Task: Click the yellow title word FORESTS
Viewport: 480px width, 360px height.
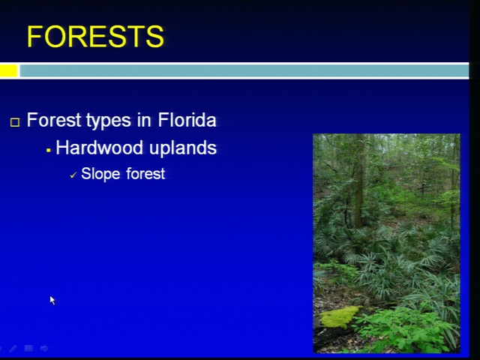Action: pyautogui.click(x=95, y=37)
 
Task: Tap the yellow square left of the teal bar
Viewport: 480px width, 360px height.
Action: pyautogui.click(x=8, y=71)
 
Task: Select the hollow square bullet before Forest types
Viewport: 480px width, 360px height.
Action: pyautogui.click(x=15, y=122)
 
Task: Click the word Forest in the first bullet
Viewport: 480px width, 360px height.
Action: pyautogui.click(x=54, y=120)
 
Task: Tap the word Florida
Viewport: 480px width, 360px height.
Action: pyautogui.click(x=187, y=120)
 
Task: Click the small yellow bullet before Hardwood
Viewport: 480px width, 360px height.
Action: pyautogui.click(x=48, y=150)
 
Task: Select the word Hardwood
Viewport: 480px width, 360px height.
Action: pyautogui.click(x=100, y=148)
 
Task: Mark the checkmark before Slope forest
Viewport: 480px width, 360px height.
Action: pyautogui.click(x=73, y=175)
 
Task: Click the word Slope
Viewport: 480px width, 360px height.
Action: pyautogui.click(x=100, y=174)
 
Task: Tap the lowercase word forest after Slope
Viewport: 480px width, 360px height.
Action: pyautogui.click(x=145, y=173)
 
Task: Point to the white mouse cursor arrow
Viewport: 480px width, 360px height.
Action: pyautogui.click(x=52, y=300)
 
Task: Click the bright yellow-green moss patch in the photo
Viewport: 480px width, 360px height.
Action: pyautogui.click(x=339, y=316)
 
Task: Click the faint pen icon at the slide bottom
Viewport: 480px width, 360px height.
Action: pyautogui.click(x=13, y=348)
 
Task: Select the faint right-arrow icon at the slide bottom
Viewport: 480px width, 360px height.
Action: pyautogui.click(x=44, y=348)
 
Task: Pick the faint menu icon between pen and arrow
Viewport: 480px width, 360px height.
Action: pyautogui.click(x=28, y=348)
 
